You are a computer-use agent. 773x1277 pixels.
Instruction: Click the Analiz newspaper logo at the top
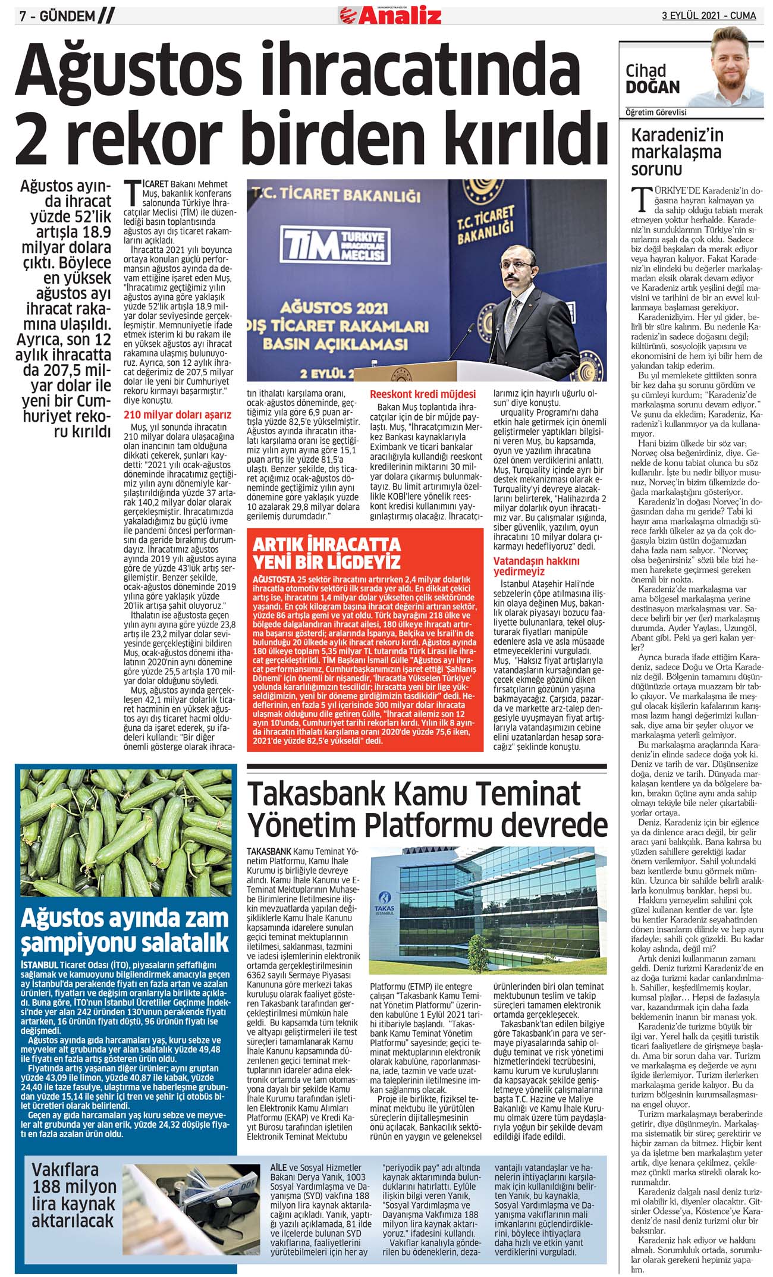391,14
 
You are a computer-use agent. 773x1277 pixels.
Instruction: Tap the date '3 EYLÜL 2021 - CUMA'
709,15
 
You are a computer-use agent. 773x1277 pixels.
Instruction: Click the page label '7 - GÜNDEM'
57,16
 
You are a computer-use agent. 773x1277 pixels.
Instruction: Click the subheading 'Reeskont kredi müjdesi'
423,394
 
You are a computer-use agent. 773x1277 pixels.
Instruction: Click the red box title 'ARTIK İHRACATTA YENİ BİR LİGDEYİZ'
326,553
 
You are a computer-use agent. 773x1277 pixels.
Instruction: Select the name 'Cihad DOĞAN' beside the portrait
652,79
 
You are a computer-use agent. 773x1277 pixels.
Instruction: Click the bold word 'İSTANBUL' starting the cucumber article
39,964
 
